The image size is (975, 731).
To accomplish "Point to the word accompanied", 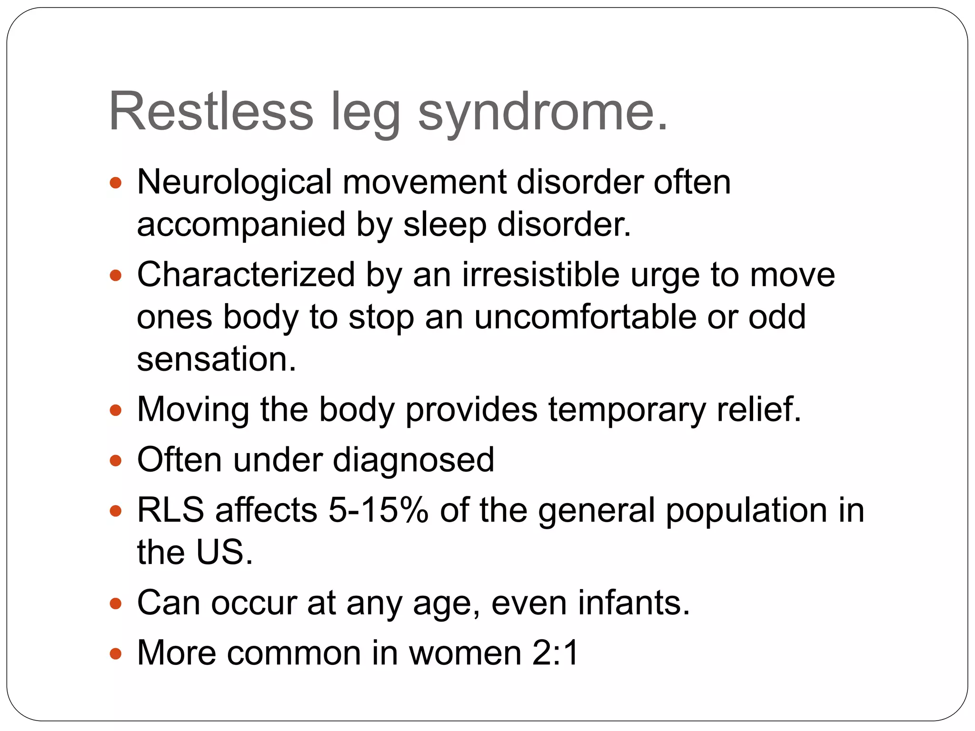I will pos(241,225).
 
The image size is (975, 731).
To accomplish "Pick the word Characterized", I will pos(246,276).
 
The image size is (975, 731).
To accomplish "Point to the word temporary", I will pos(627,410).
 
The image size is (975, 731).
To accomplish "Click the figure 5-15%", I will pos(378,510).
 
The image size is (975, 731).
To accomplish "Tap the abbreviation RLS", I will pos(170,510).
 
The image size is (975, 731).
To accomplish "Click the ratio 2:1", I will pos(555,653).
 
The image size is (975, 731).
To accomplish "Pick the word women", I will pos(465,653).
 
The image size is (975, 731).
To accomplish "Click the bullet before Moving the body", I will pos(116,410).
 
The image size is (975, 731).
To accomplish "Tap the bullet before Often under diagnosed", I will pos(116,461).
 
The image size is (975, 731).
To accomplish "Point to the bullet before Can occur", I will pos(116,604).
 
